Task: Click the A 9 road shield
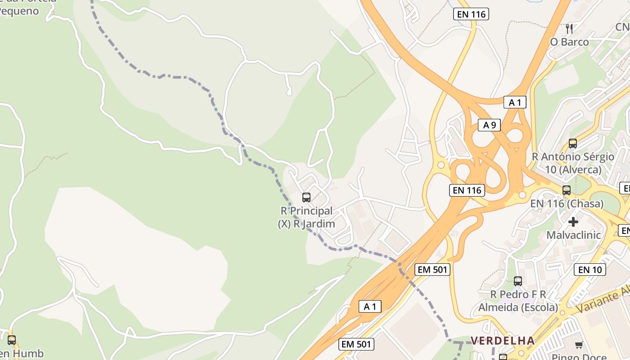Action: [489, 125]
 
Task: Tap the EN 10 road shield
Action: [589, 270]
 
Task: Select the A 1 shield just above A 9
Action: [514, 103]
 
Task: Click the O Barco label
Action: [569, 42]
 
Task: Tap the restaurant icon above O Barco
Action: [569, 29]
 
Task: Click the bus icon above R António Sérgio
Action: [572, 144]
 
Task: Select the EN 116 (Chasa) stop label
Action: [567, 204]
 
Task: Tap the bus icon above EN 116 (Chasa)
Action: [566, 190]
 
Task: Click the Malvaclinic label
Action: [573, 235]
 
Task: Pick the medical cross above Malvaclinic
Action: [573, 222]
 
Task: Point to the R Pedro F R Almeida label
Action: [518, 301]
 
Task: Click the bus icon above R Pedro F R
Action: [517, 281]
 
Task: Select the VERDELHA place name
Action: [503, 341]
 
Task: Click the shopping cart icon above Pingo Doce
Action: [579, 345]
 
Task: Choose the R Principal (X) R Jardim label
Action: [306, 217]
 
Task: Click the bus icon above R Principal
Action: [306, 198]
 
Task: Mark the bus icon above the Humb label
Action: [12, 340]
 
